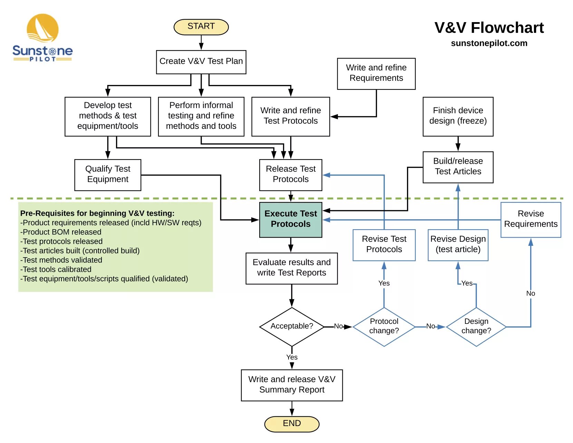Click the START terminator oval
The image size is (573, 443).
[201, 27]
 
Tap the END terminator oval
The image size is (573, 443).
[292, 424]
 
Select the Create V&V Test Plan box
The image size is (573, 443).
[201, 62]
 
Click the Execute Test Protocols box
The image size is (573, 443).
[291, 220]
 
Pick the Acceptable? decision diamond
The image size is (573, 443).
[292, 326]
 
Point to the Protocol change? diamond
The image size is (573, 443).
[384, 327]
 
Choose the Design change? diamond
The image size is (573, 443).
[476, 327]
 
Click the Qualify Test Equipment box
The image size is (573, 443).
[108, 175]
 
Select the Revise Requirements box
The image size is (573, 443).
[531, 220]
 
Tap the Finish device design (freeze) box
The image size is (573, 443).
[458, 116]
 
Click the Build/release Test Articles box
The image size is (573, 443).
[458, 167]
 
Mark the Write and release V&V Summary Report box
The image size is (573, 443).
[292, 385]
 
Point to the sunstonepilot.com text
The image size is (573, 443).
[489, 43]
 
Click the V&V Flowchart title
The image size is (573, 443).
[489, 28]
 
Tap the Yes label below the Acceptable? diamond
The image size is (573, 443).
[292, 357]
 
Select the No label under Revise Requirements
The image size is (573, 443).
[531, 293]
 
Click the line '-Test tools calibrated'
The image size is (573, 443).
[56, 269]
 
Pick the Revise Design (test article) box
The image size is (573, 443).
[458, 245]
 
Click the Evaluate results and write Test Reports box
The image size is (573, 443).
[291, 268]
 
